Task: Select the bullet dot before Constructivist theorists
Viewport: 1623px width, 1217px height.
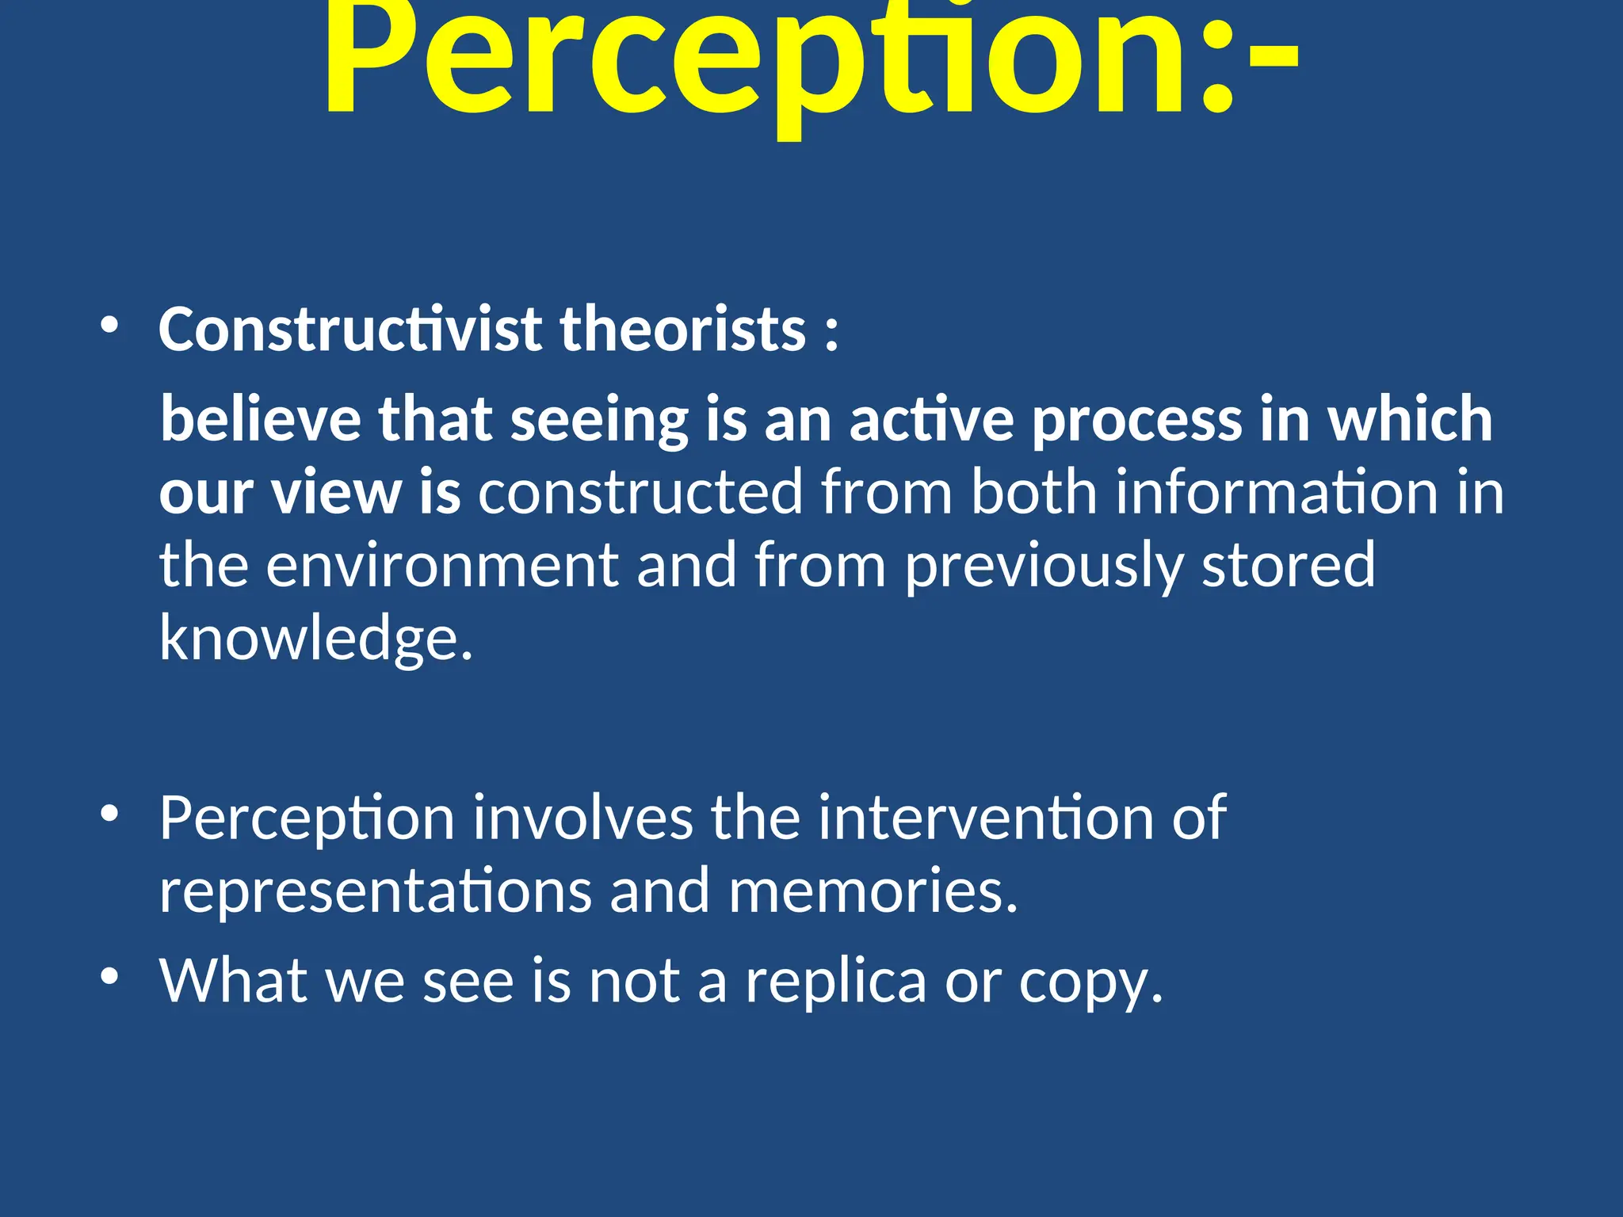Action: coord(109,326)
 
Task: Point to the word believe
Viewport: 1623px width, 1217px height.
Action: coord(261,419)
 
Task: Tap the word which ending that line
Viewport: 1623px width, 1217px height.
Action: coord(1410,419)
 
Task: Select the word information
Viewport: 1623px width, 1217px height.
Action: coord(1276,492)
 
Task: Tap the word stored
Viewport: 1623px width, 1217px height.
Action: coord(1289,565)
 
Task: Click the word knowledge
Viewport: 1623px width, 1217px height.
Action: coord(315,639)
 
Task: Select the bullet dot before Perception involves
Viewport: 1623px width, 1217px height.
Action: coord(109,815)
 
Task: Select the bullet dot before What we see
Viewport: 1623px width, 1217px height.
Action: coord(109,977)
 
